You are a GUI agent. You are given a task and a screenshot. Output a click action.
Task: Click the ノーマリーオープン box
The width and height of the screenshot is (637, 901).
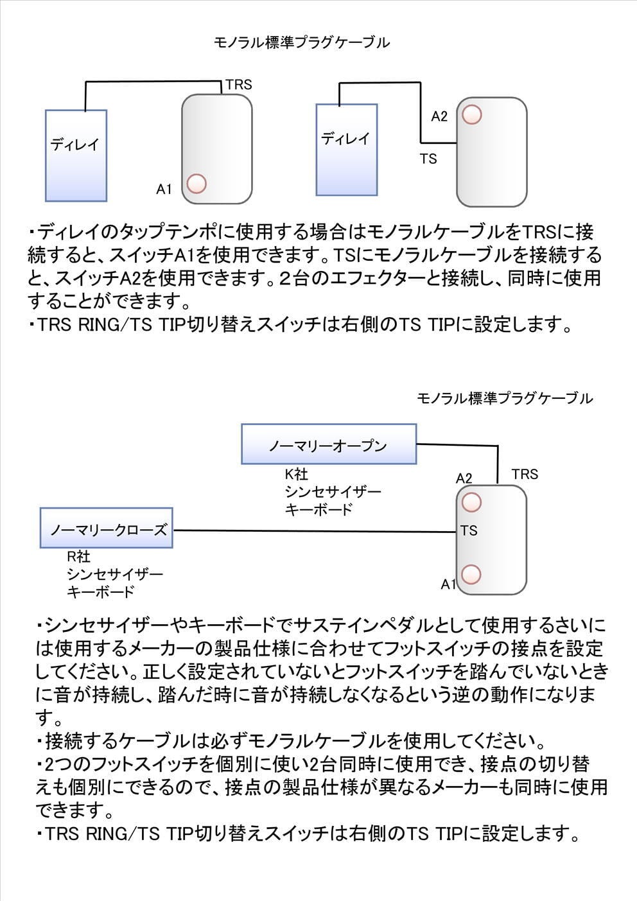[x=329, y=444]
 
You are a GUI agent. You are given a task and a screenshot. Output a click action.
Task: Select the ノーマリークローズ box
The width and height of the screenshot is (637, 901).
[x=107, y=528]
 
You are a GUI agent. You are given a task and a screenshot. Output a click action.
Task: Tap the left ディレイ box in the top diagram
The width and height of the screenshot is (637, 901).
[x=76, y=155]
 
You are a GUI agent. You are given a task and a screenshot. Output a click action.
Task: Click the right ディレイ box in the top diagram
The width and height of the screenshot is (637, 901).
[x=347, y=150]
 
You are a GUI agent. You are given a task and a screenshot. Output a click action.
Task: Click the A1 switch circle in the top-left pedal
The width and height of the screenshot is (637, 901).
[x=196, y=184]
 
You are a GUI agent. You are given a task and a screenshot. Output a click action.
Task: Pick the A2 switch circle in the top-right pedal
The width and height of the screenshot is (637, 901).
[x=472, y=115]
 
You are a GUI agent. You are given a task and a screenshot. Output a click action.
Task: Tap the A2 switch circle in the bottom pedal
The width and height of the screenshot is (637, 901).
[x=471, y=502]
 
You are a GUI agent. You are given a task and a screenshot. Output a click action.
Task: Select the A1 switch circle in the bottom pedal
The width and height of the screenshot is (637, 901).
[x=471, y=574]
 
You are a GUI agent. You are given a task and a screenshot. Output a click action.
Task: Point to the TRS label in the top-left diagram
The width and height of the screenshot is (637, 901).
[x=239, y=85]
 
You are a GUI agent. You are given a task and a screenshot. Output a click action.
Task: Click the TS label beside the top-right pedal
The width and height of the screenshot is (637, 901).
[x=428, y=159]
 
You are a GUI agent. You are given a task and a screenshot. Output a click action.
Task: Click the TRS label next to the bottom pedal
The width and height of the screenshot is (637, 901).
[x=525, y=474]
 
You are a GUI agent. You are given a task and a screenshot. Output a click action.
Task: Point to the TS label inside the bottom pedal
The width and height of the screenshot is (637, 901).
[x=469, y=530]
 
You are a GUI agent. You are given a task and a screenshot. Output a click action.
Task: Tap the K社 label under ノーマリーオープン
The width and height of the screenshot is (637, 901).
[x=297, y=474]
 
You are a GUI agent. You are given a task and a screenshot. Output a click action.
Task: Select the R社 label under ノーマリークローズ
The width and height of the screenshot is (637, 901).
[x=78, y=557]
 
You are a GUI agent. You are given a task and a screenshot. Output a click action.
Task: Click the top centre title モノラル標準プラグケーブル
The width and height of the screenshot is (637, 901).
[x=302, y=42]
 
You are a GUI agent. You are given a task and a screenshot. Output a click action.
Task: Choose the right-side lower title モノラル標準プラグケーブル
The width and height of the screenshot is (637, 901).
[x=505, y=398]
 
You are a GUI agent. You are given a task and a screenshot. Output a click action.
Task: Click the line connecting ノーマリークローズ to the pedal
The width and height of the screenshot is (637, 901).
[x=315, y=531]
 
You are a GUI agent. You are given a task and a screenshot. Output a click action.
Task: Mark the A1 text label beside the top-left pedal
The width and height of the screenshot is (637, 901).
[x=164, y=189]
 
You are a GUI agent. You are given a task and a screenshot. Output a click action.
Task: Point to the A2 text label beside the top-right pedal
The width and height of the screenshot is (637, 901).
[x=439, y=116]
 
